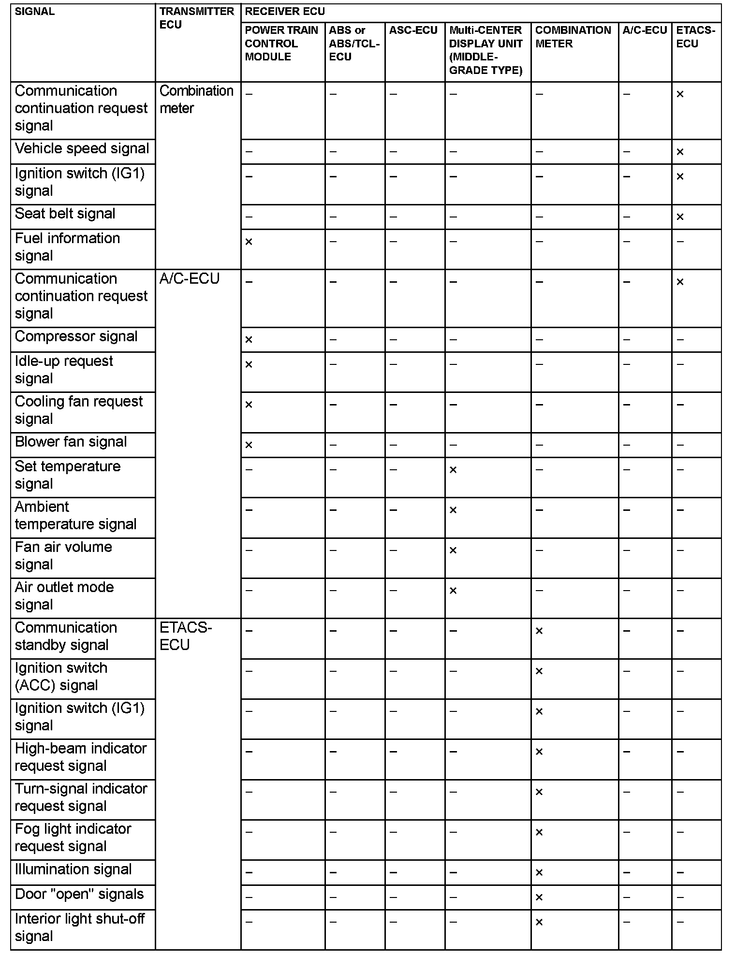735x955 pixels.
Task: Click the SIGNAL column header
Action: tap(35, 12)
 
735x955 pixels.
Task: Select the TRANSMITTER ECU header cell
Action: tap(197, 18)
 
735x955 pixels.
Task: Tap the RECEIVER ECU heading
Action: tap(285, 12)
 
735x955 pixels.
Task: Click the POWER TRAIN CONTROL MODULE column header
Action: tap(281, 43)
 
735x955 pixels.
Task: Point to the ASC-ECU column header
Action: tap(413, 30)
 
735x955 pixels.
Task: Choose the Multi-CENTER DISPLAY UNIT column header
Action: tap(486, 50)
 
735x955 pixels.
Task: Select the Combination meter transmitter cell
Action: tap(196, 100)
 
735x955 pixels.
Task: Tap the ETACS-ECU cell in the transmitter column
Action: tap(186, 636)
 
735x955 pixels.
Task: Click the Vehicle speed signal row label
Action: tap(82, 149)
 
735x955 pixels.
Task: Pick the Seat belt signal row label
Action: tap(65, 214)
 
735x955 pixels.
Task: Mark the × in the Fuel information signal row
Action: tap(249, 242)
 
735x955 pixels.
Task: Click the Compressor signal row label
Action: tap(76, 336)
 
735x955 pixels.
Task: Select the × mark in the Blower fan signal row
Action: tap(249, 445)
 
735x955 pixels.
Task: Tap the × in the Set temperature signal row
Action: tap(453, 470)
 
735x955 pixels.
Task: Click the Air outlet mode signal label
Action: tap(64, 596)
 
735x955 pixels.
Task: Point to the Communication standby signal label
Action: tap(66, 636)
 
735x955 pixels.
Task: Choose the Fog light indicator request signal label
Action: tap(73, 838)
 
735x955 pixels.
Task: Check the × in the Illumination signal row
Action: tap(539, 872)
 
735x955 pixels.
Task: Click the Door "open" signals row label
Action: tap(79, 894)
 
